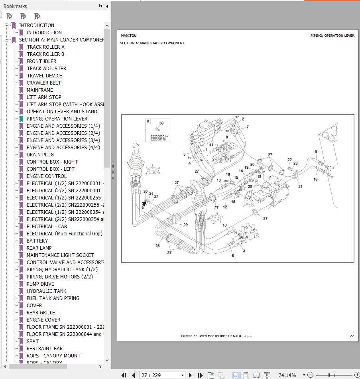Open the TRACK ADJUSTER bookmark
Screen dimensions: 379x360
46,68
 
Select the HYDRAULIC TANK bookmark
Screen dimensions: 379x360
46,291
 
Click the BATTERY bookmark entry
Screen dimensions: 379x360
37,241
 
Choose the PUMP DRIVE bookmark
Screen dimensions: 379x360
40,284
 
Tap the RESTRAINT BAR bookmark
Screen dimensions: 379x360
45,348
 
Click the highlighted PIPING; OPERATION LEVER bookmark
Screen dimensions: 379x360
57,118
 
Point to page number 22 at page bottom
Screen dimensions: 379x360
352,336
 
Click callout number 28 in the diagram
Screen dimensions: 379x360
157,246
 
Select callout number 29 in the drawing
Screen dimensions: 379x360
185,225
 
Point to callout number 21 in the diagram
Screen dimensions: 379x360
300,186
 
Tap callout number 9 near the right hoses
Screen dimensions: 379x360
316,152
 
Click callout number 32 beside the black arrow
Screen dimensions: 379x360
156,197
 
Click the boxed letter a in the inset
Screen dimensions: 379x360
148,121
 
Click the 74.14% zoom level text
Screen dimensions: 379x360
287,375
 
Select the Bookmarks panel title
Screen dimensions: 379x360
15,6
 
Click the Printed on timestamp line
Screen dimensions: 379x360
216,336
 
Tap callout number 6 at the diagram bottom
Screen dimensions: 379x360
233,255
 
